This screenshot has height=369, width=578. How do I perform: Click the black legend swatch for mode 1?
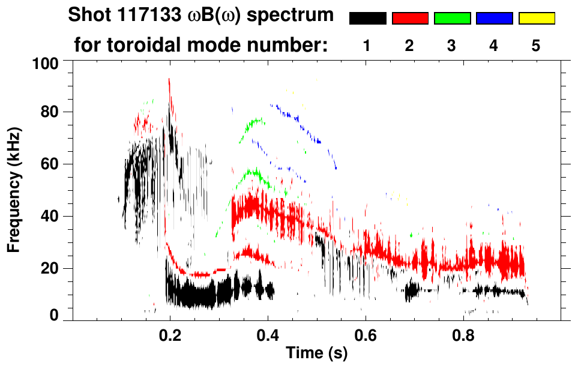[367, 19]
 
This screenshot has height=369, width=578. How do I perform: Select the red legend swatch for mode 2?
[410, 19]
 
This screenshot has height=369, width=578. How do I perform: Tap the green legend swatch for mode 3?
[452, 19]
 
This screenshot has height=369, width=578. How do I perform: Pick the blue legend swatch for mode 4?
[494, 19]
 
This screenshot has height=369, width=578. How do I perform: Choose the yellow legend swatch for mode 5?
[537, 19]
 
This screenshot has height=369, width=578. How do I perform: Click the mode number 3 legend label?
[452, 46]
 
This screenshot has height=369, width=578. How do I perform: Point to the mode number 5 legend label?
[537, 46]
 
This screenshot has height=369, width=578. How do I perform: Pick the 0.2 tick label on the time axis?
[170, 334]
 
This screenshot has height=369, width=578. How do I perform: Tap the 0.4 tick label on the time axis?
[268, 334]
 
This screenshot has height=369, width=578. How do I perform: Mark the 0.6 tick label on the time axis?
[366, 334]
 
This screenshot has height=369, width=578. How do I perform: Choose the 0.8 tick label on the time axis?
[463, 334]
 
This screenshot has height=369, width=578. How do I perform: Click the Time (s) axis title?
[316, 353]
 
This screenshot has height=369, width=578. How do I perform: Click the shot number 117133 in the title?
[153, 16]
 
